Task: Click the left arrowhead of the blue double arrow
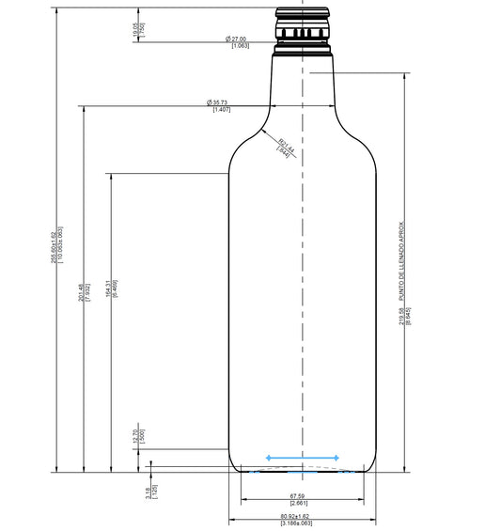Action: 269,458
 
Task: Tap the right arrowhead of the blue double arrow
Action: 336,458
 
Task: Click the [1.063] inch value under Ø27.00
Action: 240,45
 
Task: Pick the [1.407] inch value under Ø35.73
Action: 222,110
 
